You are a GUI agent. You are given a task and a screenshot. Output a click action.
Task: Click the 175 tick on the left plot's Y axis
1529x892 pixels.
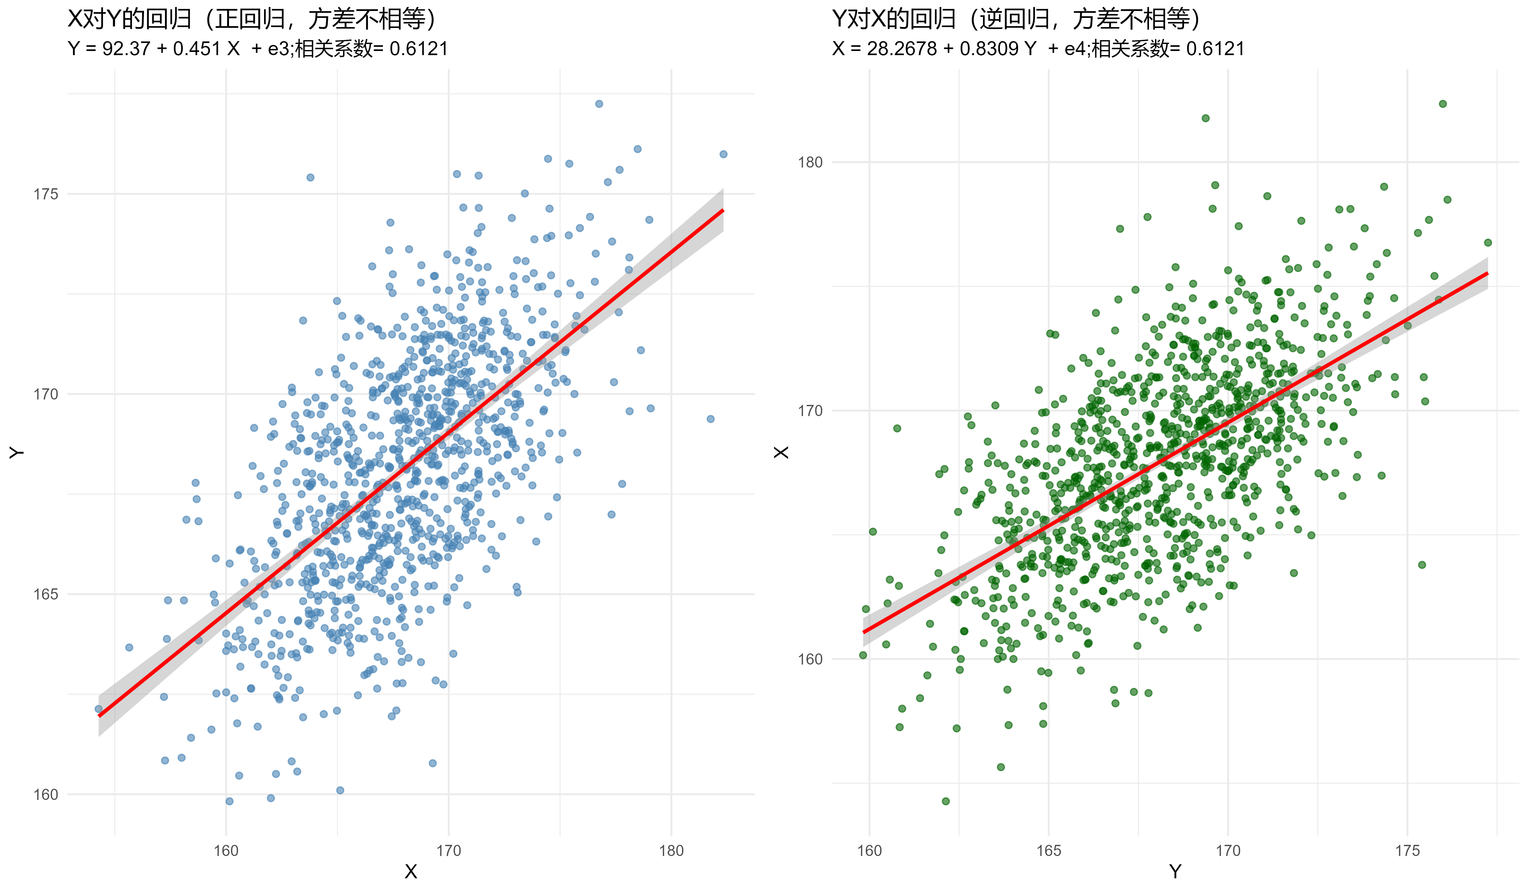46,194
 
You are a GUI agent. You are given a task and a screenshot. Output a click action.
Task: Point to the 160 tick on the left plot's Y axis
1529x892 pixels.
46,794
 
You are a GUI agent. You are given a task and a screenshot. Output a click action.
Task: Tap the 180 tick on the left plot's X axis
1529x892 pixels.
671,851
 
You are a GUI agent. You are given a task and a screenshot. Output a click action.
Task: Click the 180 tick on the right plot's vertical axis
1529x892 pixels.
810,162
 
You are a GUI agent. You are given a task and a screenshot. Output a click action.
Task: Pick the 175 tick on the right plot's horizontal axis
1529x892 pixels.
1407,851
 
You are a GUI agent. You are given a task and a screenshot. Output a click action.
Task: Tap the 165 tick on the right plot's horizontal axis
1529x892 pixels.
1048,851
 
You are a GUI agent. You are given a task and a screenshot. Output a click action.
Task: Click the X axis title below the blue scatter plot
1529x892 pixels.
411,872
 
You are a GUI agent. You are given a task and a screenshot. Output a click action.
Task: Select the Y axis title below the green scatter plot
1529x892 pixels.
1175,872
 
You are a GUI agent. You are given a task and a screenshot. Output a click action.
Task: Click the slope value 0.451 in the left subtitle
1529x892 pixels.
197,48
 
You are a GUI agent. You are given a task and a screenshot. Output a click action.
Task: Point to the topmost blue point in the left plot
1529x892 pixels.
599,104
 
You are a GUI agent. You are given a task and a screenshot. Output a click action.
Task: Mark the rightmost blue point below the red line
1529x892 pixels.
710,419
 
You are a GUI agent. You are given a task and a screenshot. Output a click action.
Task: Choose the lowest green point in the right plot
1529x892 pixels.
945,801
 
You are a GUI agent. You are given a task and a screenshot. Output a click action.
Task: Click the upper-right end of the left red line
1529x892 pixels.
723,210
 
